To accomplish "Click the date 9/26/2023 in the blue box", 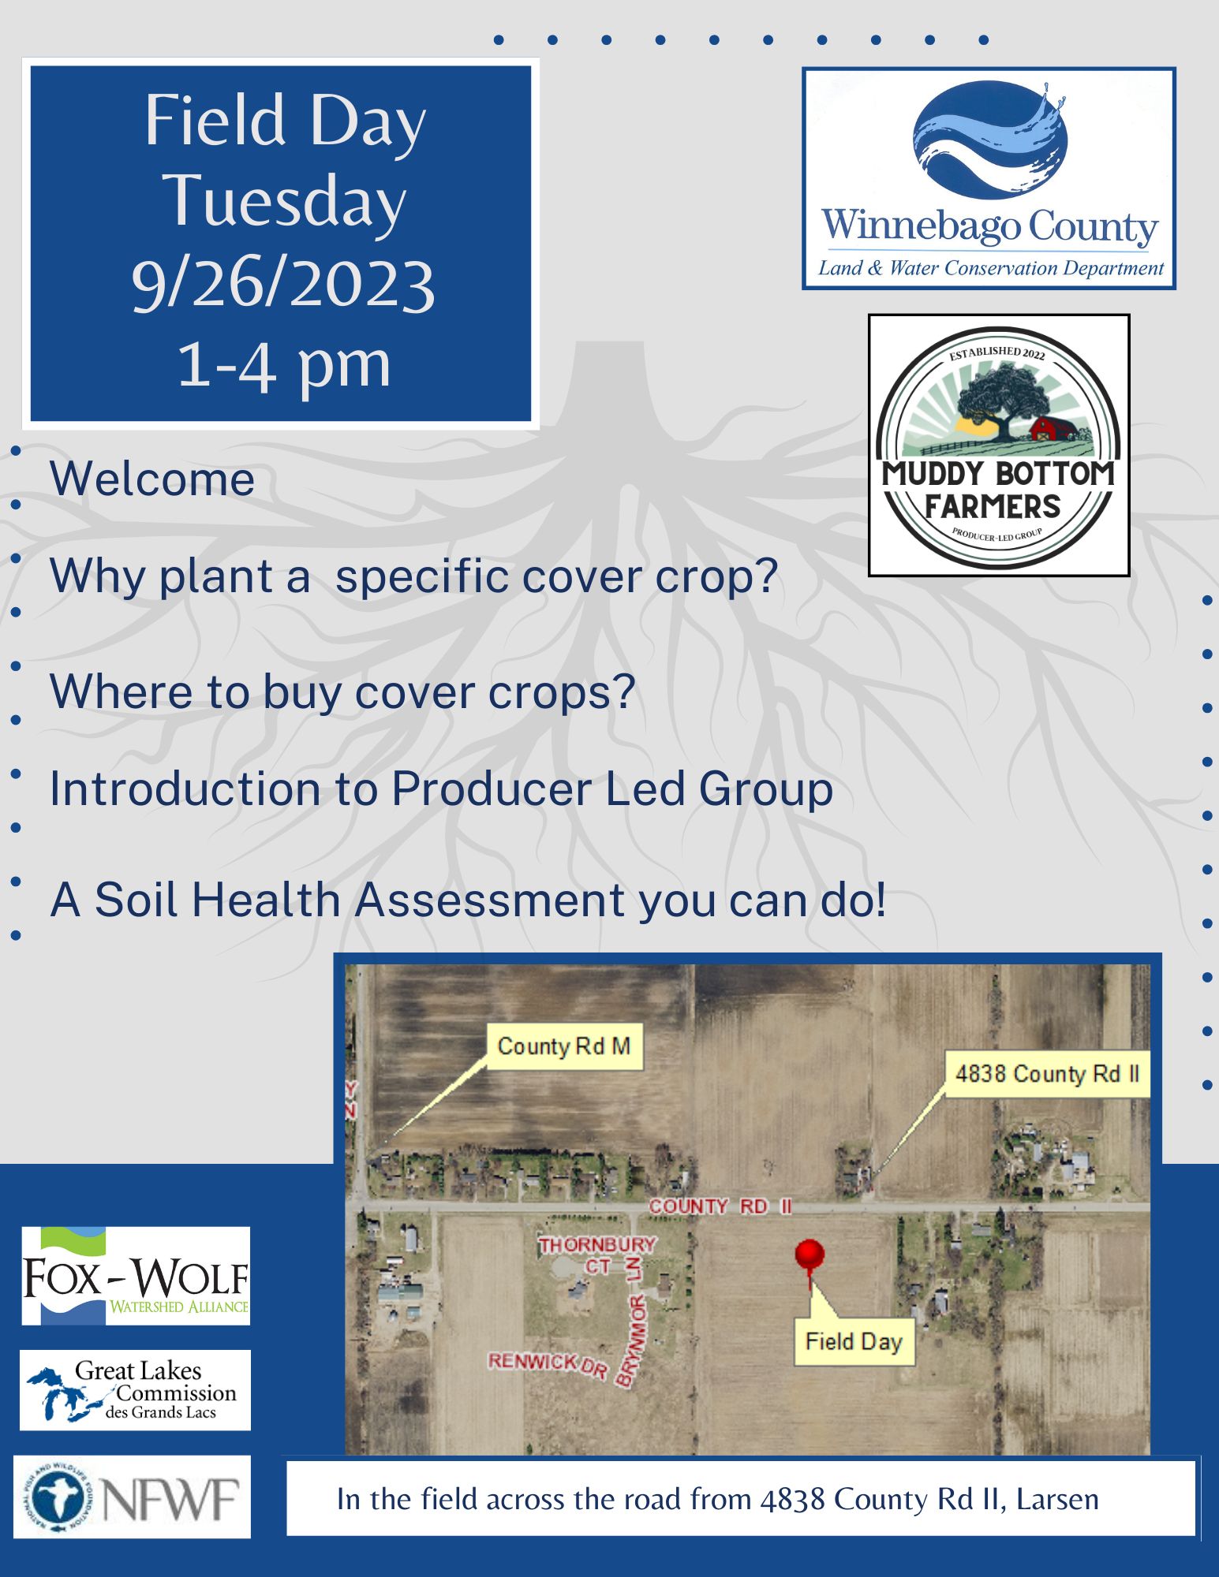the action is tap(283, 284).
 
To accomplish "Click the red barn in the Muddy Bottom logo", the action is tap(1053, 428).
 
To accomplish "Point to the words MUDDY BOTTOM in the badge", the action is tap(998, 474).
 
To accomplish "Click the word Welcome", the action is tap(152, 479).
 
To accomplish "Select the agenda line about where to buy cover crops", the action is tap(342, 692).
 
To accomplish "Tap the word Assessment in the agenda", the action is tap(489, 900).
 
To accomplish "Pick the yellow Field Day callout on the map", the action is tap(854, 1341).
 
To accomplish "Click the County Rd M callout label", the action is tap(563, 1046).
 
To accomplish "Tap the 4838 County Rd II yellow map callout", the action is tap(1047, 1073).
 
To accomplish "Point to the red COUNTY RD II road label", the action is tap(720, 1206).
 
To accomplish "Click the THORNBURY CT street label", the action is tap(597, 1255).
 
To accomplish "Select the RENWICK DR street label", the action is tap(548, 1366).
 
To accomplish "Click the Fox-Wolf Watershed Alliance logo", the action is tap(136, 1276).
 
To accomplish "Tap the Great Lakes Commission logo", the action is tap(136, 1390).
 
